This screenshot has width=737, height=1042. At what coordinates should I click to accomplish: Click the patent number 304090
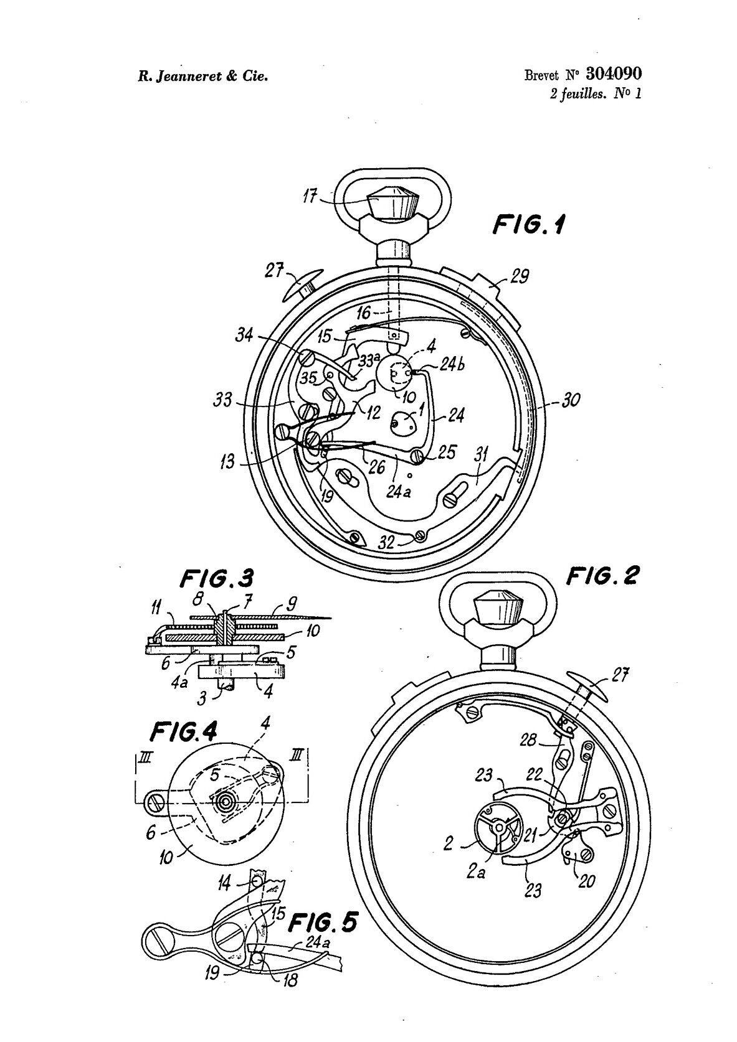point(614,73)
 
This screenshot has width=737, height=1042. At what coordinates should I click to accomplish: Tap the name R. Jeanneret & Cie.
point(202,76)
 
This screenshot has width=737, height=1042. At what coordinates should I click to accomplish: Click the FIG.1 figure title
point(529,226)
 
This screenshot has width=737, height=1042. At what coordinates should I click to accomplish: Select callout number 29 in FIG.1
point(519,277)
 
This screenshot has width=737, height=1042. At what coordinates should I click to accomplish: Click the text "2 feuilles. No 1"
point(596,94)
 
